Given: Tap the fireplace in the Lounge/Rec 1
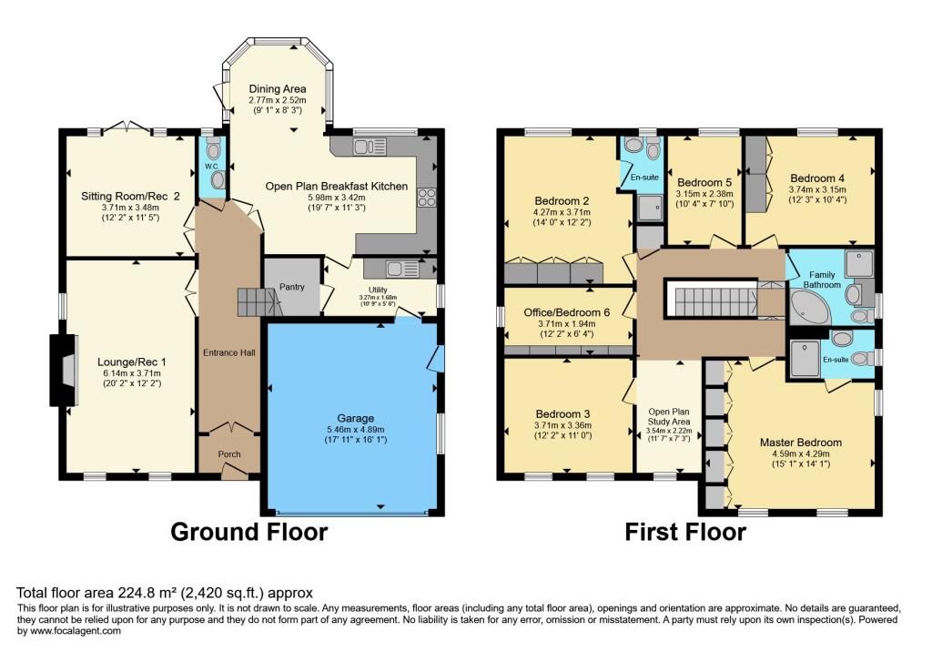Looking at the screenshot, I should pyautogui.click(x=62, y=370).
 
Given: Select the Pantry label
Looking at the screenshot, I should pyautogui.click(x=291, y=287).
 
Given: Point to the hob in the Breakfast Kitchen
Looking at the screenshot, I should pyautogui.click(x=426, y=197).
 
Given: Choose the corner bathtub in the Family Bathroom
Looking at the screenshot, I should pyautogui.click(x=808, y=305).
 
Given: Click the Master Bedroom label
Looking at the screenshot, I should pyautogui.click(x=801, y=443).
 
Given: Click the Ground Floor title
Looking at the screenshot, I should pyautogui.click(x=248, y=532).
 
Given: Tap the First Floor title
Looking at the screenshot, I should pyautogui.click(x=685, y=532).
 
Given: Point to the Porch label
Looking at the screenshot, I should pyautogui.click(x=228, y=454).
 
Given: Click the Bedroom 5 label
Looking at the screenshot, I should pyautogui.click(x=705, y=181).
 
